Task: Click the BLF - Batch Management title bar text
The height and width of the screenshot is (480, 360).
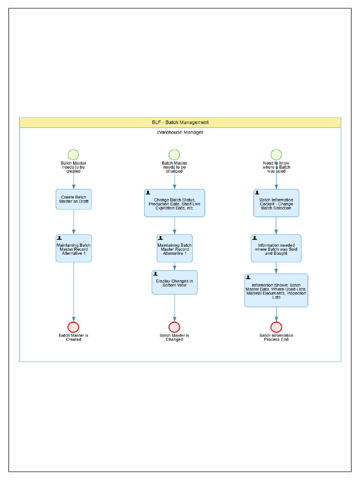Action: (180, 122)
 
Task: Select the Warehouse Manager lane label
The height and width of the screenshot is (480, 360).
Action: (180, 133)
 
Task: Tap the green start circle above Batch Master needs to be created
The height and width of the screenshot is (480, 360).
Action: (73, 155)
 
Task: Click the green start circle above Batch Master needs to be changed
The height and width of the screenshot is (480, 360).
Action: (174, 155)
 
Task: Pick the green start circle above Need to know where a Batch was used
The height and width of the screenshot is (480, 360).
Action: (276, 155)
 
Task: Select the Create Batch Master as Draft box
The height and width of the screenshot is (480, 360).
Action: (74, 199)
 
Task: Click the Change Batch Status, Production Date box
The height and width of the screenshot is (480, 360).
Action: (174, 203)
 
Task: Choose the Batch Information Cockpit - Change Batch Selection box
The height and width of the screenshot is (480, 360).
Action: (276, 203)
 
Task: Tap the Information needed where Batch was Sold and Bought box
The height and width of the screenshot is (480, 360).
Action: (276, 248)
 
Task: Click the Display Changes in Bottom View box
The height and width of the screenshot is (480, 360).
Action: (174, 283)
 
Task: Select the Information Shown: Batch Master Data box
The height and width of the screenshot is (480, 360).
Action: (276, 291)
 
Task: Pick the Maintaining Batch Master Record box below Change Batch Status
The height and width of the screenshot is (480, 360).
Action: (174, 248)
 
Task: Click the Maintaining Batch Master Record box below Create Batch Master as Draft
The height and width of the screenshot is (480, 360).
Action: (74, 248)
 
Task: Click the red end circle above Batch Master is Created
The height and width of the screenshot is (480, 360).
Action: (73, 327)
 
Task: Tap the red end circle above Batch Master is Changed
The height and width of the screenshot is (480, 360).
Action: (174, 327)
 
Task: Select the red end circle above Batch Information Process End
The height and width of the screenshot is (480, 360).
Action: (276, 327)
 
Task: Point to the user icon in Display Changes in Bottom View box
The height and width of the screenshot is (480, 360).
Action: (156, 274)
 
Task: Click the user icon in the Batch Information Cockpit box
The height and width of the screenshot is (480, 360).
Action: (257, 192)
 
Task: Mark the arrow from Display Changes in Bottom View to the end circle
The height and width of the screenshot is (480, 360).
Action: (174, 307)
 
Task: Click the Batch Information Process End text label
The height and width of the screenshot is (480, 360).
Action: (276, 337)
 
